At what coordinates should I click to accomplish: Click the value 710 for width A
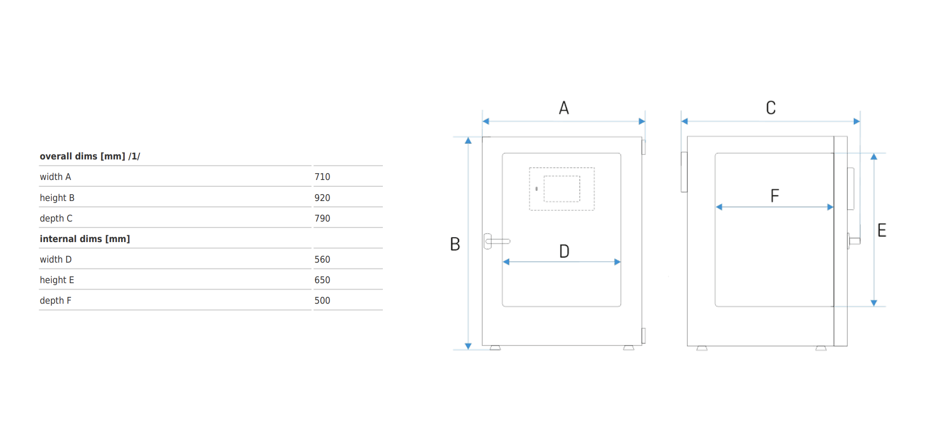click(x=322, y=177)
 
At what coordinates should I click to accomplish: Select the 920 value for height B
click(x=322, y=198)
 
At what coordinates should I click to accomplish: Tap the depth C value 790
click(x=322, y=218)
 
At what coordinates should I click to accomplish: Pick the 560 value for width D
click(x=322, y=259)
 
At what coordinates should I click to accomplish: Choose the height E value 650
click(x=322, y=280)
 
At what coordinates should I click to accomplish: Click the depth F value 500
click(x=322, y=300)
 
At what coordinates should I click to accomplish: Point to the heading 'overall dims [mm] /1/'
click(x=90, y=156)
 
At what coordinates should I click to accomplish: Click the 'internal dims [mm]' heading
click(x=85, y=239)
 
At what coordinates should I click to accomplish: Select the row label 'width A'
click(x=55, y=177)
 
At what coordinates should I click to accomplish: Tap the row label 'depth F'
click(x=55, y=300)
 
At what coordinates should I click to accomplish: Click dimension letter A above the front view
click(x=564, y=108)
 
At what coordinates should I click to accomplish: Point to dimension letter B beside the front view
click(x=455, y=244)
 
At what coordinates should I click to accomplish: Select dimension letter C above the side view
click(x=771, y=108)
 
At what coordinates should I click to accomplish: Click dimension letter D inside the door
click(x=564, y=251)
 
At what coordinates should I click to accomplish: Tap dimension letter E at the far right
click(x=882, y=230)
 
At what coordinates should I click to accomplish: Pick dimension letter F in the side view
click(x=775, y=196)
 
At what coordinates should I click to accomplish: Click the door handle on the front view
click(x=496, y=241)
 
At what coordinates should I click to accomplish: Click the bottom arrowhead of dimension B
click(x=468, y=346)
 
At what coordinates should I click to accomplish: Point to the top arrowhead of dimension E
click(x=874, y=156)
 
